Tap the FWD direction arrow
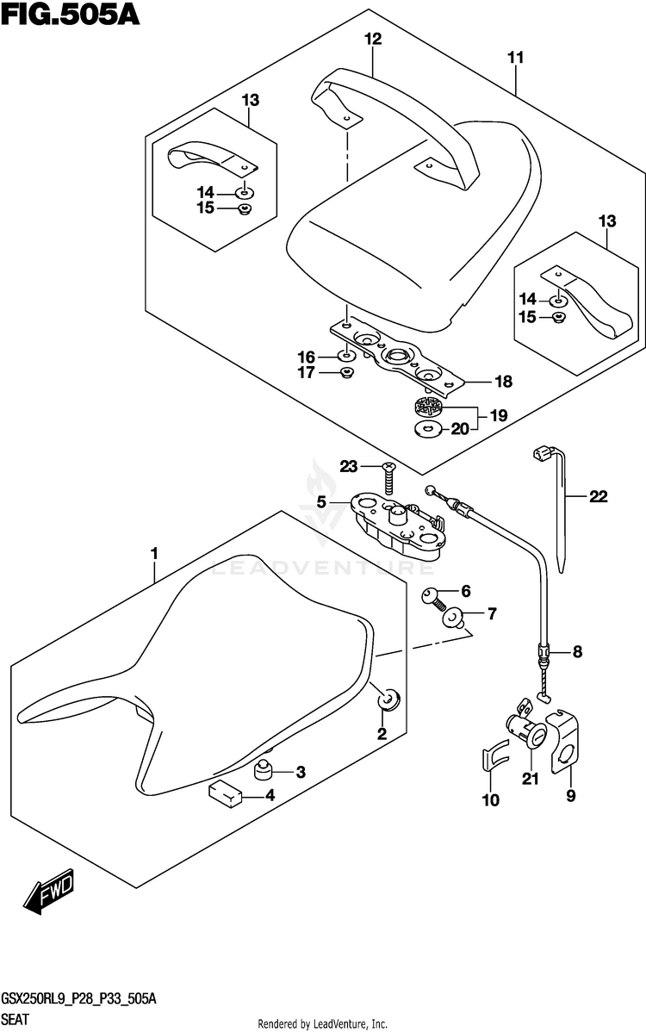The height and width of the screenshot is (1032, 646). (49, 894)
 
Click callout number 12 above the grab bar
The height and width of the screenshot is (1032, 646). (373, 39)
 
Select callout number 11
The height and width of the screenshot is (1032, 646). (516, 57)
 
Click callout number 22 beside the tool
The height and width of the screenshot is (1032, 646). (598, 496)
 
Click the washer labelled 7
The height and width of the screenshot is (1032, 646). (452, 619)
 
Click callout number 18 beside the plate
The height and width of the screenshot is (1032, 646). (503, 381)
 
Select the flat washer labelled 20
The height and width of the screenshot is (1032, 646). (429, 431)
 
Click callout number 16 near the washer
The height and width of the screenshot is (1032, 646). (307, 357)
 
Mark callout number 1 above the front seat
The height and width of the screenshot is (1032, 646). (154, 554)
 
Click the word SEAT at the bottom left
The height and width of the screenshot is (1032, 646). (16, 1020)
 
